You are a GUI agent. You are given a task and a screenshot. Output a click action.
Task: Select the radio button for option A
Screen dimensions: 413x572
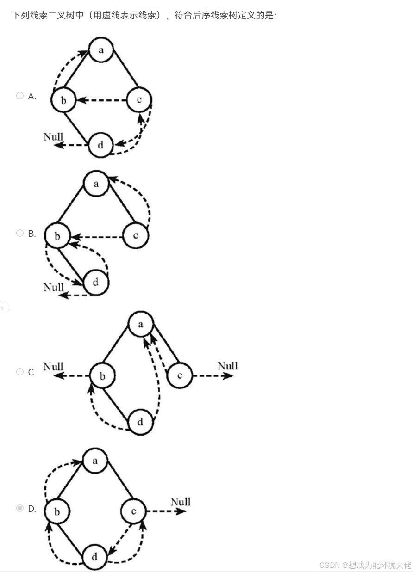click(x=19, y=96)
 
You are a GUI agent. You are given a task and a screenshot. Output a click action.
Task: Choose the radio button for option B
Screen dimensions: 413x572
click(x=19, y=233)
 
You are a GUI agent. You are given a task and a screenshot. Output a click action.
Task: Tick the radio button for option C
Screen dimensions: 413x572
click(x=19, y=372)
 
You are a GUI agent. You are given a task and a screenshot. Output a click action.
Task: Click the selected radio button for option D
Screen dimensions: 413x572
click(x=19, y=508)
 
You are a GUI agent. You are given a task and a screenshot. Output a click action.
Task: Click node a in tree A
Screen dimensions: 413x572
click(x=101, y=49)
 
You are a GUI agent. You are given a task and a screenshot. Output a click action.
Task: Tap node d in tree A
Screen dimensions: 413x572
click(x=100, y=145)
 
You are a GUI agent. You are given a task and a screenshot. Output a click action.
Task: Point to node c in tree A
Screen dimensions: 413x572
click(x=139, y=99)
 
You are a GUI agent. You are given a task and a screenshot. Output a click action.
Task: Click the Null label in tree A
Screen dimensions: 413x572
click(x=53, y=136)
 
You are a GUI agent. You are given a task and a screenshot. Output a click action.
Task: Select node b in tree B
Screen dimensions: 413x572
click(x=57, y=236)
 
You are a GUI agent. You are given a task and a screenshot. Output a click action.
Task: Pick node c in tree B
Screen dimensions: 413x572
click(x=136, y=235)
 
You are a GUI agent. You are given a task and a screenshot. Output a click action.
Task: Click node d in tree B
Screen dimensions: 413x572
click(x=96, y=282)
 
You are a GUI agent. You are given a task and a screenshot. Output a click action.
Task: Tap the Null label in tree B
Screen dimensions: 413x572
click(x=53, y=287)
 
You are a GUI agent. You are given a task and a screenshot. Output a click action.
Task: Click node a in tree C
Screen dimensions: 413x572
click(x=140, y=325)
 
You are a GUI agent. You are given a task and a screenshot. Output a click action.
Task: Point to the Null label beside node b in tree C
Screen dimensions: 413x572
click(x=53, y=367)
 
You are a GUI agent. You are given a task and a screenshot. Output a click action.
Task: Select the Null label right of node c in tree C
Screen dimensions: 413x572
click(x=227, y=366)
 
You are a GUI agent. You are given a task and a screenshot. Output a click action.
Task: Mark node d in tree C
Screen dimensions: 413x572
click(x=140, y=422)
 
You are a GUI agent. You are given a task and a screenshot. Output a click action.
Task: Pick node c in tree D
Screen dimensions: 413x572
click(x=133, y=511)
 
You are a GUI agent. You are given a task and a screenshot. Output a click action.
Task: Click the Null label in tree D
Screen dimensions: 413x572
click(x=180, y=502)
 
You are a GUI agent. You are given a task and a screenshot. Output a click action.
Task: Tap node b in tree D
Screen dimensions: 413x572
click(x=57, y=512)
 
